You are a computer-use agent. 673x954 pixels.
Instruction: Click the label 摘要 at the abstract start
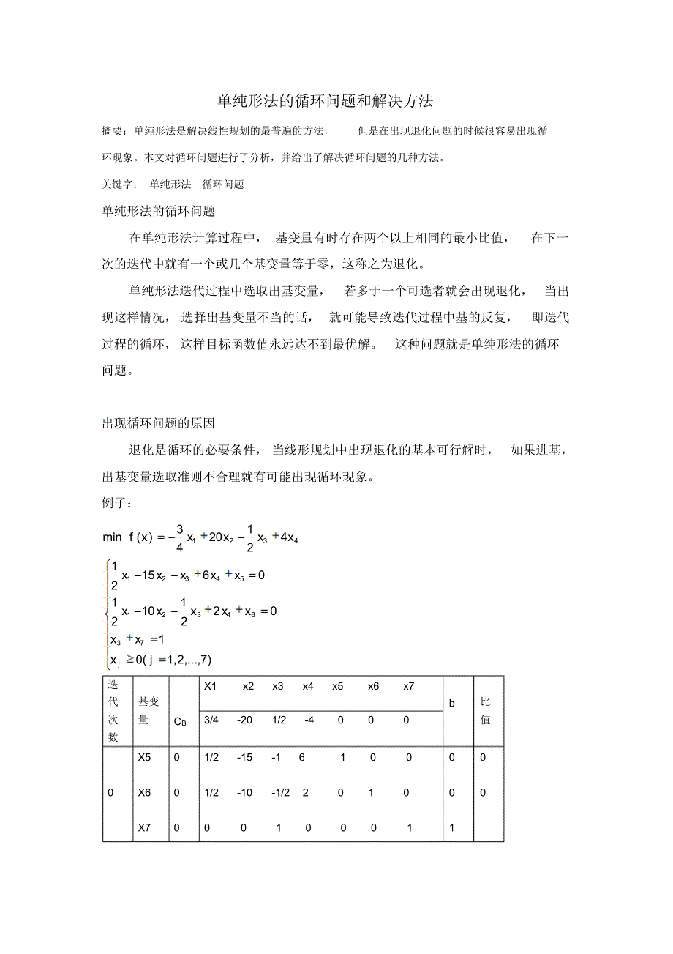[x=111, y=131]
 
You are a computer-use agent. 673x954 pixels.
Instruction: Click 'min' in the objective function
[x=112, y=537]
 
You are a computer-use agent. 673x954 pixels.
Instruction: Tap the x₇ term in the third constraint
[x=136, y=639]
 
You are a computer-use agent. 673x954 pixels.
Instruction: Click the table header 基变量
[x=148, y=710]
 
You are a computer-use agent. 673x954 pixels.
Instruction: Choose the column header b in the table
[x=452, y=703]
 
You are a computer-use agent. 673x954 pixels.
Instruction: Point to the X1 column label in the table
[x=211, y=687]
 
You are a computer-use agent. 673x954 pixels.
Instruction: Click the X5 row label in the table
[x=144, y=758]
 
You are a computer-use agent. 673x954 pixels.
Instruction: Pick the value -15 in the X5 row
[x=244, y=758]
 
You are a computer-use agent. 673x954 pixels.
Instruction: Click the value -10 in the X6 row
[x=244, y=793]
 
